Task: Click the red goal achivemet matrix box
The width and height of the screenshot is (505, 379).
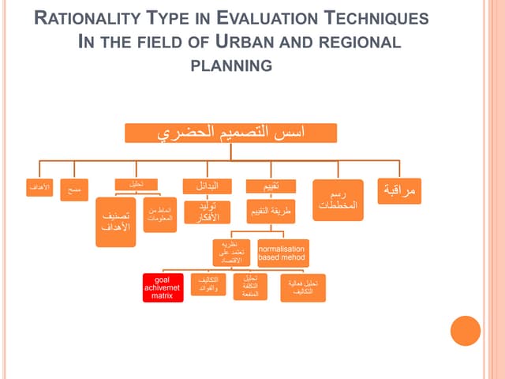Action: point(163,287)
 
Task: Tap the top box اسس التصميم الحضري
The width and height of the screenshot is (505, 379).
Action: point(231,133)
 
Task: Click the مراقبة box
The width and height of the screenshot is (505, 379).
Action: point(399,191)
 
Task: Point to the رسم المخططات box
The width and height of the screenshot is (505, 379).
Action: point(338,200)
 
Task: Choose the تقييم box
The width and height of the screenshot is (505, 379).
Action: point(271,186)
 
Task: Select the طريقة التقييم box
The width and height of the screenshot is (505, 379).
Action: point(271,212)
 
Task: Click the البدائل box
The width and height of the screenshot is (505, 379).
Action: point(208,186)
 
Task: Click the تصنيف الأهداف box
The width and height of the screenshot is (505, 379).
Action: point(116,221)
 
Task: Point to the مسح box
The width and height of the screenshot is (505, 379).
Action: point(74,190)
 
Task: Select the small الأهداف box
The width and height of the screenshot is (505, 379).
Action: point(39,188)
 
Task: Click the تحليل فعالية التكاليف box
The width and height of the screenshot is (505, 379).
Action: point(303,287)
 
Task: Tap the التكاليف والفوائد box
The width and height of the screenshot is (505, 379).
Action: point(208,284)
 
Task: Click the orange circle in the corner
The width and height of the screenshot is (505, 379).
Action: point(466,330)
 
